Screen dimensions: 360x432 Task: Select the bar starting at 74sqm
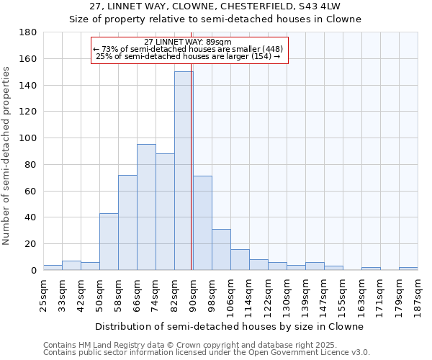click(165, 212)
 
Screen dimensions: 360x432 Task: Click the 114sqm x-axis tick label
click(249, 295)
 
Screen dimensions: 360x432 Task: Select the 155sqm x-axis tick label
click(343, 295)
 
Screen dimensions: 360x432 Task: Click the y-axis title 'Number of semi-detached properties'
click(7, 156)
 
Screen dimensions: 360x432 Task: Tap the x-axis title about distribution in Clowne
click(229, 326)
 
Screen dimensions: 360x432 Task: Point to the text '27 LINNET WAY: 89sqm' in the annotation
click(188, 42)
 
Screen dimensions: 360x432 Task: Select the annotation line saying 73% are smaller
click(188, 49)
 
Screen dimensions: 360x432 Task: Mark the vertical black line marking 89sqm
click(191, 180)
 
